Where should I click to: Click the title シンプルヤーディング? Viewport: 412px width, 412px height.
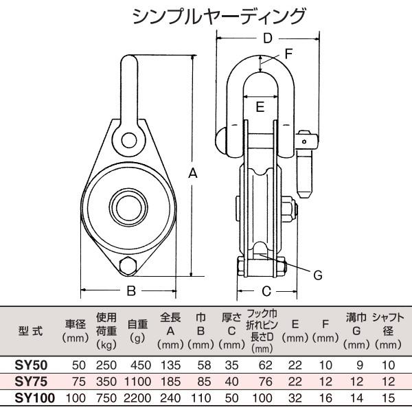(209, 15)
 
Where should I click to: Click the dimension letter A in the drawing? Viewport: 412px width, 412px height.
(194, 174)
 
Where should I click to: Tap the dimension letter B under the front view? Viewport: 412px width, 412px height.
(130, 290)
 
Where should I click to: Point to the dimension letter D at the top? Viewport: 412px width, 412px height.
(268, 38)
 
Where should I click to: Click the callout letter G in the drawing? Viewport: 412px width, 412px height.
(317, 275)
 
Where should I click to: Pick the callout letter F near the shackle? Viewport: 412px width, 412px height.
(288, 52)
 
